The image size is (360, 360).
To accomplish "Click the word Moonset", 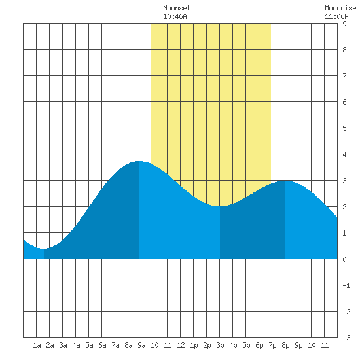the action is (x=177, y=8).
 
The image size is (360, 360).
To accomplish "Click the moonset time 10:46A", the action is (x=175, y=16).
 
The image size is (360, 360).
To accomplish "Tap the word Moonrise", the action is (x=340, y=8).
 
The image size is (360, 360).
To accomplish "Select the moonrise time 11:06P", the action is (x=336, y=16).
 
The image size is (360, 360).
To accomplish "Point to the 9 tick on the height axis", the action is (x=344, y=24).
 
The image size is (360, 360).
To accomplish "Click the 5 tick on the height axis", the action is (x=344, y=128).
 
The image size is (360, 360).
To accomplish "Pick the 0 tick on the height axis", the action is (x=344, y=259).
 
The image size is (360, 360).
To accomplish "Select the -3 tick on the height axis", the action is (x=346, y=338).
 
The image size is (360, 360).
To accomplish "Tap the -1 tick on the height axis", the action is (x=346, y=285).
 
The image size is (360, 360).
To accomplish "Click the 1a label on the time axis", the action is (x=37, y=345).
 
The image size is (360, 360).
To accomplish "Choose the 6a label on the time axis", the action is (x=102, y=345).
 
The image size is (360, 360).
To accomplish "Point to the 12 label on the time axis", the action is (x=181, y=345).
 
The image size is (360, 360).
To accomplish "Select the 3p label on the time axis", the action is (x=220, y=345).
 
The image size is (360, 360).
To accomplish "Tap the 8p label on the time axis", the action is (x=285, y=345).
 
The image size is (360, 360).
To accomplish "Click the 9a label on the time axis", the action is (x=141, y=345).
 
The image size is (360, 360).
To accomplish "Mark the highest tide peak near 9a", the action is (x=139, y=161).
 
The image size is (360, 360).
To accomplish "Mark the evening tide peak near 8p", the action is (x=285, y=181).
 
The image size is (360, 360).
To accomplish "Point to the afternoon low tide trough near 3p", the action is (x=219, y=206).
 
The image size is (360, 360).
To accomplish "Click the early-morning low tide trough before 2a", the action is (x=44, y=249).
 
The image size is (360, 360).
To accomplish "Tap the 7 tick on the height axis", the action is (x=344, y=76).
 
